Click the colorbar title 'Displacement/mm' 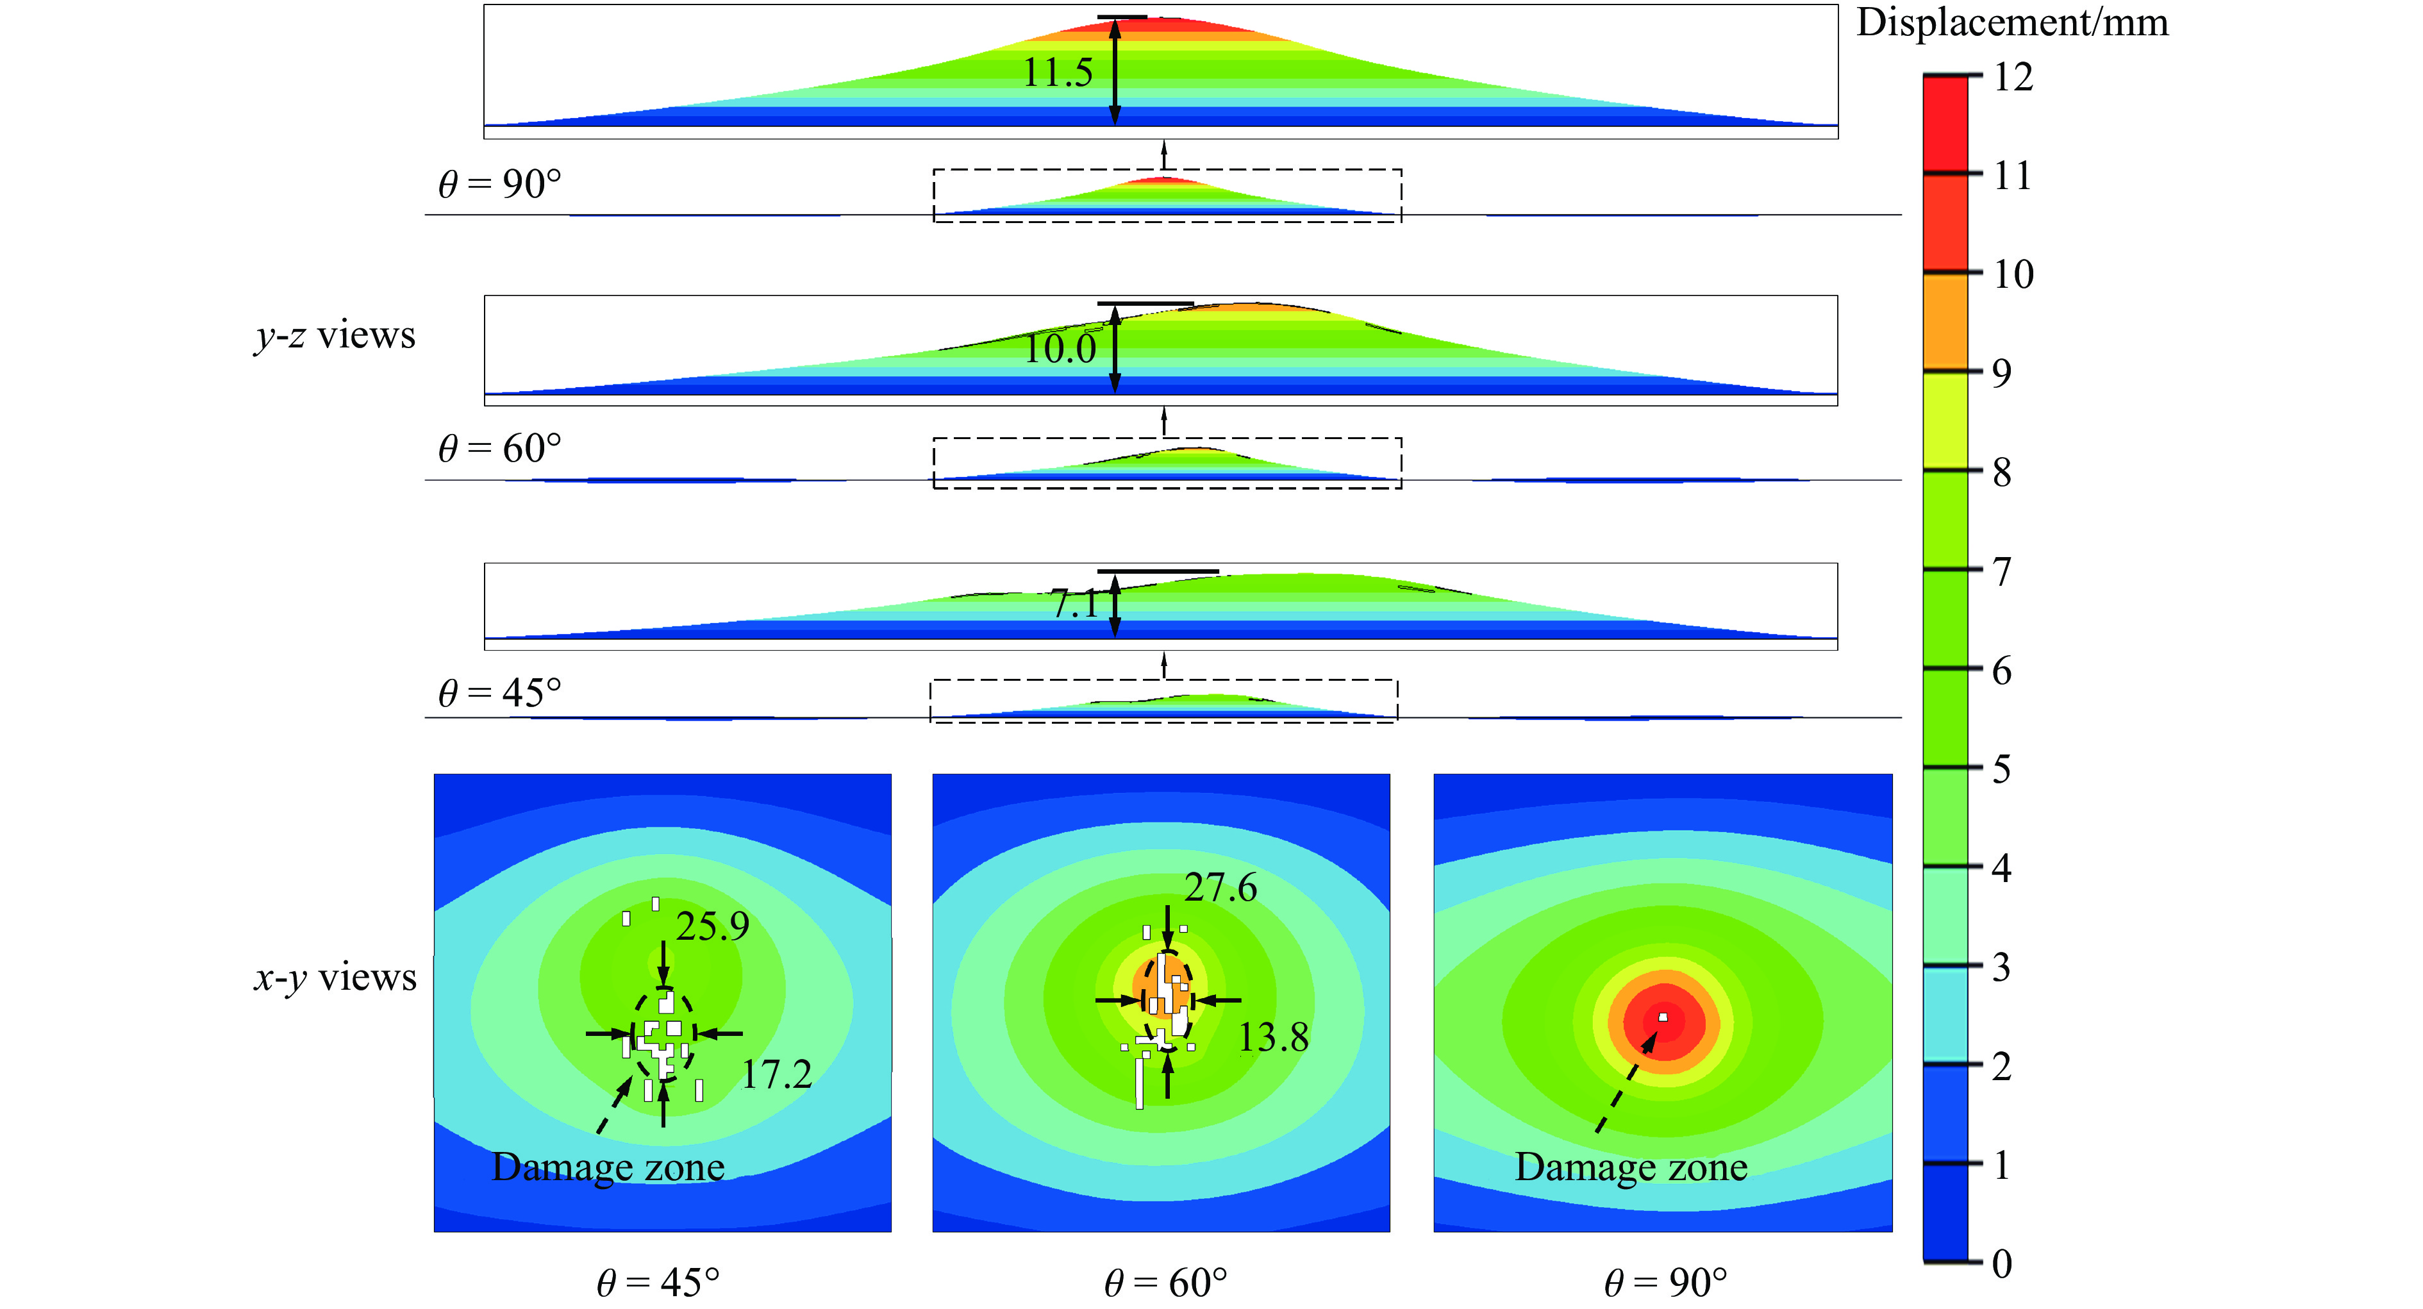click(x=2012, y=22)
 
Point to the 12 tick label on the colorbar click(x=2013, y=77)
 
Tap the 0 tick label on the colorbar click(x=2003, y=1263)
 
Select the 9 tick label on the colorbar click(x=2003, y=373)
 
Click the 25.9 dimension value click(x=712, y=927)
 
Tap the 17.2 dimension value click(x=776, y=1074)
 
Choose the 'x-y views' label click(x=335, y=978)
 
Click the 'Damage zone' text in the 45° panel click(x=608, y=1167)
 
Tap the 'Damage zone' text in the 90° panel click(x=1631, y=1167)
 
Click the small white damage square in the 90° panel click(x=1663, y=1017)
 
